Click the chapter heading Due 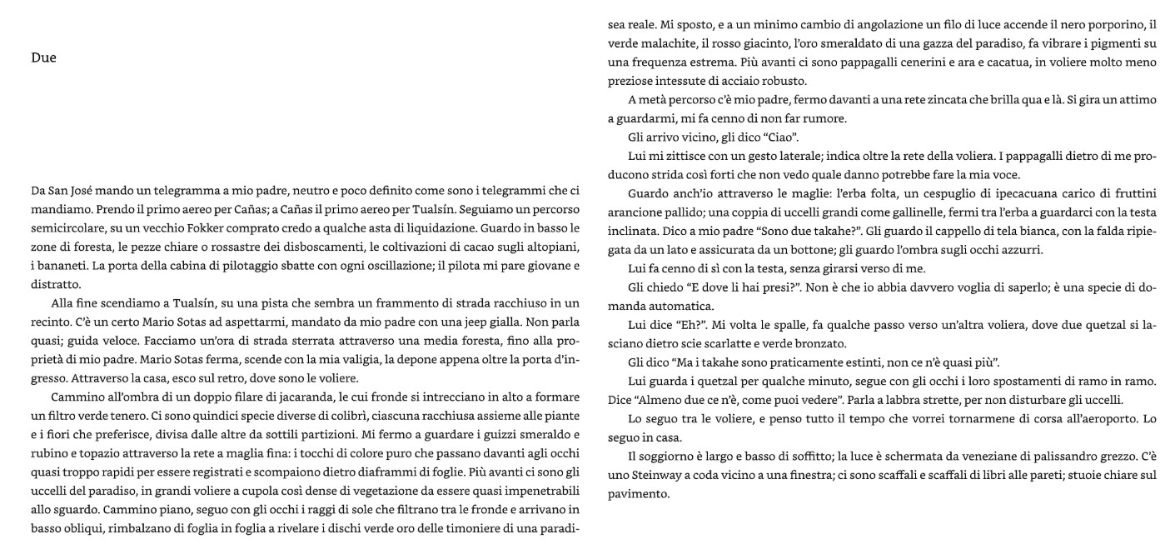tap(43, 58)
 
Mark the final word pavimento tap(639, 493)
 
